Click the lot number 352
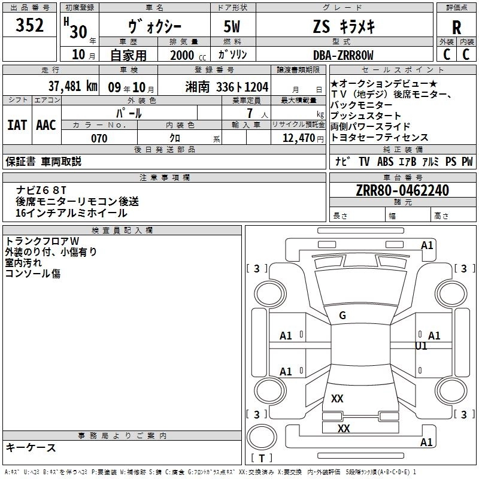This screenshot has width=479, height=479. coord(30,26)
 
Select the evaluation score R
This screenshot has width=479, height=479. coord(457,27)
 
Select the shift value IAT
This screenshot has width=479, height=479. coord(17,125)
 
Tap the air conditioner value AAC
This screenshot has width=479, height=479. coord(46,125)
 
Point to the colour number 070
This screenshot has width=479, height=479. coord(99,138)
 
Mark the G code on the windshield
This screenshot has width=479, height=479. coord(342,316)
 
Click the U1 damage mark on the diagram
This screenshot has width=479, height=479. coord(422,346)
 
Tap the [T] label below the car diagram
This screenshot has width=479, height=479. coord(261,459)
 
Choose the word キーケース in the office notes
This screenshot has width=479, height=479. coord(31,448)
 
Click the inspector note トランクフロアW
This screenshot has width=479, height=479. coord(42,241)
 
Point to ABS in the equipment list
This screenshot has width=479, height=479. coord(386,161)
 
